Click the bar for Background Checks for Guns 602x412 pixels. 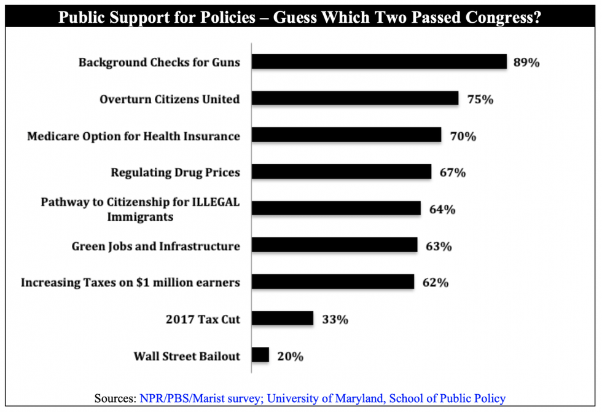[x=379, y=62]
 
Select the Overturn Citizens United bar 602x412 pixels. [x=355, y=98]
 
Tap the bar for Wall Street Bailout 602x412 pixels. [x=260, y=355]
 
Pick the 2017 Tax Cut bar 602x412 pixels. [x=283, y=319]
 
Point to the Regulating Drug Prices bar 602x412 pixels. [x=342, y=172]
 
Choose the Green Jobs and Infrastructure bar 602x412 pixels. [x=335, y=245]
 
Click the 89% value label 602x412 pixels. [x=527, y=62]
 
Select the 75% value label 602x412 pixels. [x=479, y=99]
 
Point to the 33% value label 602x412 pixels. [x=334, y=319]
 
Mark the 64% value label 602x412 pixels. [x=442, y=209]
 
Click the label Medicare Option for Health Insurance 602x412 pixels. [x=133, y=136]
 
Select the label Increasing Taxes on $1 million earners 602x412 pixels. [x=130, y=283]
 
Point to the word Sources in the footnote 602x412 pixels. [x=114, y=398]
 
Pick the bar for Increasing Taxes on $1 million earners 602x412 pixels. [x=333, y=282]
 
